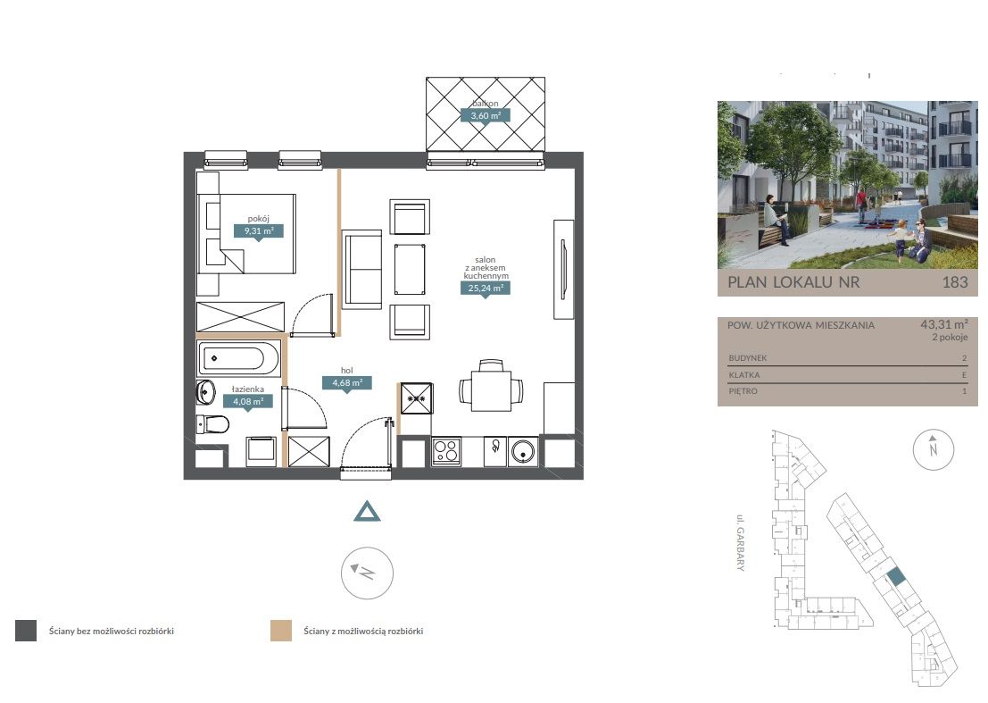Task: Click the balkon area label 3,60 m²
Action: pos(486,116)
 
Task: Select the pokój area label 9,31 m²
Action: pos(258,230)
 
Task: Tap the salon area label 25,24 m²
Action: pos(486,289)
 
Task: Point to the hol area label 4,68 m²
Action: pos(347,382)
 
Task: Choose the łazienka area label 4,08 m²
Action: pos(248,402)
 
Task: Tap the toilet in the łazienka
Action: pos(212,424)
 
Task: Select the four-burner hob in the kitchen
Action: pos(446,451)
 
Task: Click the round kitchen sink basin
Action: pos(523,451)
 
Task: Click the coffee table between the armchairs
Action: pos(410,269)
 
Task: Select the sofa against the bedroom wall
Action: pos(361,269)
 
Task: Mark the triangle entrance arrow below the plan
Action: pos(367,511)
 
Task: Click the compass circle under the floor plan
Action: pos(367,573)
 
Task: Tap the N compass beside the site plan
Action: pos(934,449)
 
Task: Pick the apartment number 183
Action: pos(955,282)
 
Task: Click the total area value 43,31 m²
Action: pos(944,325)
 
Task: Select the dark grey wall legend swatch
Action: pos(26,631)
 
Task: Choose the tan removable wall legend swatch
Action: pos(281,631)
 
